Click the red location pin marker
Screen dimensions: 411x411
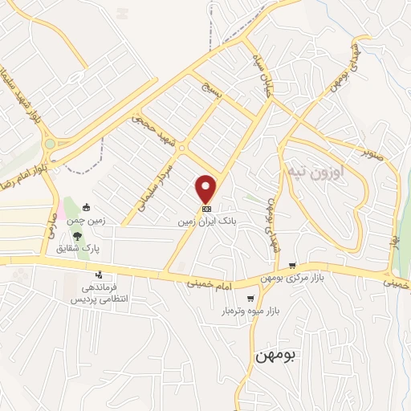point(206,187)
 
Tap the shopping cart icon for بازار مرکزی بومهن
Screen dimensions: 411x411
point(293,266)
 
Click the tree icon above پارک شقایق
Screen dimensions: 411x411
point(77,236)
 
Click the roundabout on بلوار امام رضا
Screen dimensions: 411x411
point(50,144)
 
